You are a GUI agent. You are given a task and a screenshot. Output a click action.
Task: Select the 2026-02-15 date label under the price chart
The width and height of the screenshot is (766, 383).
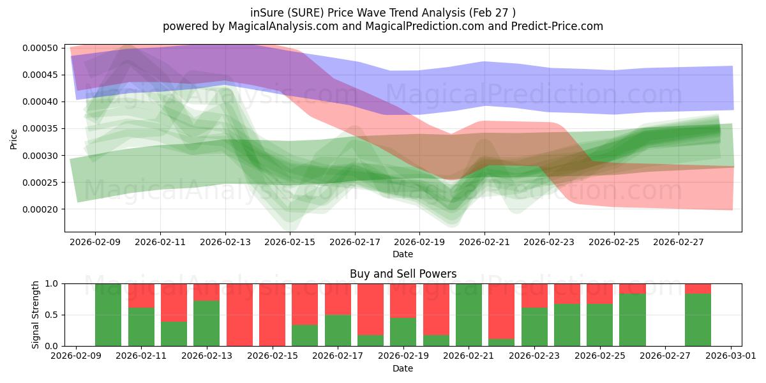coord(290,242)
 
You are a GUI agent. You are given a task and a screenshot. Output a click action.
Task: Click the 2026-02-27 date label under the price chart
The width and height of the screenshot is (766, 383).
coord(679,242)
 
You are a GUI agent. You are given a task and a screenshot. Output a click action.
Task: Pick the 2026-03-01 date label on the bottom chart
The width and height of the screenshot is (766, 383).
coord(731,356)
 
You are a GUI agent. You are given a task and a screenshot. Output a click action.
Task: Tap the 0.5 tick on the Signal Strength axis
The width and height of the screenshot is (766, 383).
coord(51,315)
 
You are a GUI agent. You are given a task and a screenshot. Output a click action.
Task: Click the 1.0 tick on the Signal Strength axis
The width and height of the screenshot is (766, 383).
coord(51,284)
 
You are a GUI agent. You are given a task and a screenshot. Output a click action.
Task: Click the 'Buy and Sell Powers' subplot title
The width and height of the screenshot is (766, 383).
coord(403,274)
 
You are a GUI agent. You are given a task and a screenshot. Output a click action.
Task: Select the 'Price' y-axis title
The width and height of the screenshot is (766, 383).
coord(13,139)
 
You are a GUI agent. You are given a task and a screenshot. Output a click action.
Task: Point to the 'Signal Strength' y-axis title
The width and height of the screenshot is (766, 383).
coord(35,315)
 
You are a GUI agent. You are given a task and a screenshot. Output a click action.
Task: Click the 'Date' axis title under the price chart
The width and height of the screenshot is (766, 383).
coord(403,254)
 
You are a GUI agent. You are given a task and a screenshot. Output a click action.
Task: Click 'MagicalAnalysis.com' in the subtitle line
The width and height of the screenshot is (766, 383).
coord(283,26)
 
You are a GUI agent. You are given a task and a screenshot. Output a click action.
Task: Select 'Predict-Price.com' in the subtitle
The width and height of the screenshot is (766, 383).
coord(557,26)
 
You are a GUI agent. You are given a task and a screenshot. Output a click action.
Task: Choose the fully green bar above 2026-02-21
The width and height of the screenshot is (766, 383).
coord(469,315)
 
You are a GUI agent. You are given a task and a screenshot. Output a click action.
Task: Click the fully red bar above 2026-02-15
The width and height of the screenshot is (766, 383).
coord(272,315)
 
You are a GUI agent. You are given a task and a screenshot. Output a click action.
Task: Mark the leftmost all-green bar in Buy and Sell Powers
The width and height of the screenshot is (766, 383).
coord(108,315)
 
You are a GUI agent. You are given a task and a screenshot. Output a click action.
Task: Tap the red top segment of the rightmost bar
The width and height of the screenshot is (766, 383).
coord(698,289)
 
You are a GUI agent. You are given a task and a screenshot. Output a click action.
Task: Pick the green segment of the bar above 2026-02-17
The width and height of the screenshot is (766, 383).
coord(338,331)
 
